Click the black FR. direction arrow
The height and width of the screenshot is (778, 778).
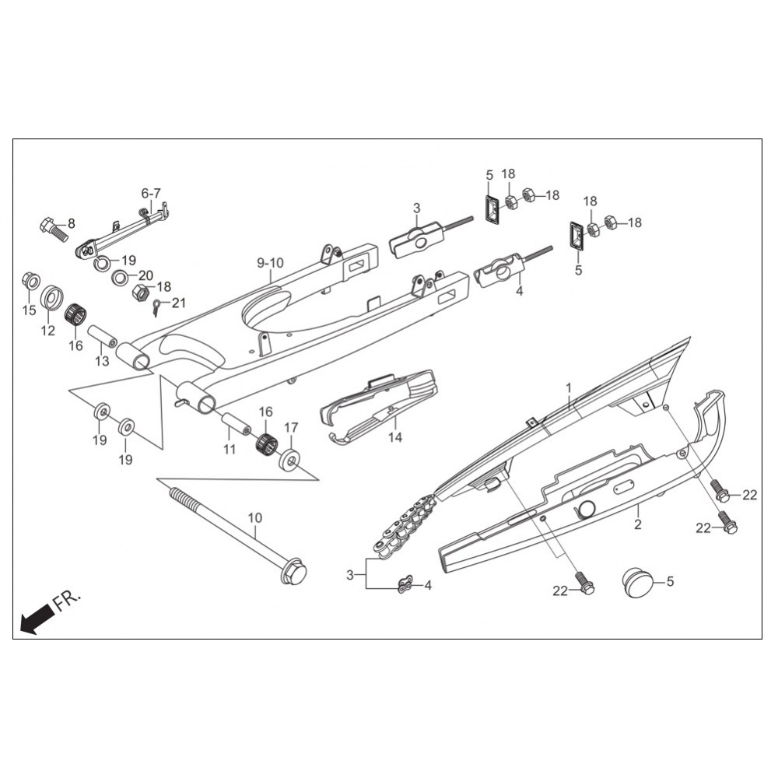pos(37,619)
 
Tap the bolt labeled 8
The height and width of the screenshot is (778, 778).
pos(53,230)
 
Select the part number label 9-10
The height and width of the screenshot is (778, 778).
pos(271,263)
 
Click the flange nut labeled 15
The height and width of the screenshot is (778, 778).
pos(31,282)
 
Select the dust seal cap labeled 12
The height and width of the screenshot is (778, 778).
pos(52,297)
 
